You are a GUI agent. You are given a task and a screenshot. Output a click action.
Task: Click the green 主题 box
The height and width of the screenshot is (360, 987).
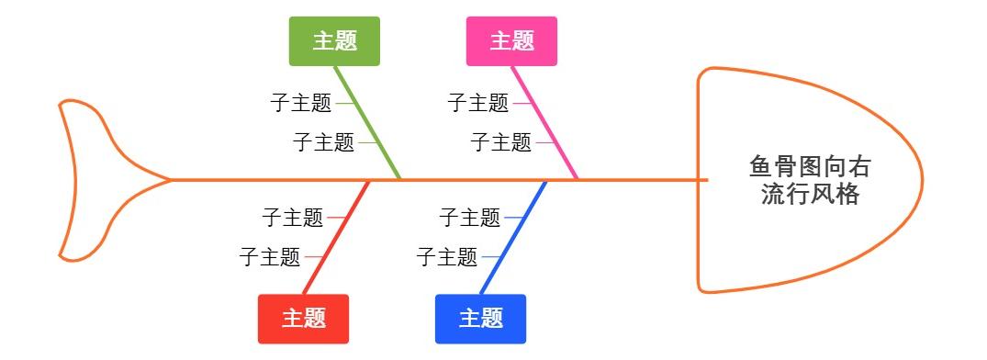[334, 41]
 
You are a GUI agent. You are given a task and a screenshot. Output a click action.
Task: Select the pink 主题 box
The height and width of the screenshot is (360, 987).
[511, 41]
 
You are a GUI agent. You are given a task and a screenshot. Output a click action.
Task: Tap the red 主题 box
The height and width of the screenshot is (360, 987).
[303, 319]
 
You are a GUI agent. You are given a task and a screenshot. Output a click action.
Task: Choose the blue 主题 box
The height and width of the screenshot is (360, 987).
[480, 319]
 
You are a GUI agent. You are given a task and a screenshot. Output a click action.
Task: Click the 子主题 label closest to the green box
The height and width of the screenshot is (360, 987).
[301, 103]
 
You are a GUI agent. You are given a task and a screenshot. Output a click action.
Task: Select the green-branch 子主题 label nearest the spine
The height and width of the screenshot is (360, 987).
[323, 142]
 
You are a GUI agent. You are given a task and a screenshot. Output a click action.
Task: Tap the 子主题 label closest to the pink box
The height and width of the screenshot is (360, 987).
[478, 103]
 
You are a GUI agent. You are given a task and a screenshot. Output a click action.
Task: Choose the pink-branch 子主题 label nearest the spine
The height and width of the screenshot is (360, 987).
[500, 142]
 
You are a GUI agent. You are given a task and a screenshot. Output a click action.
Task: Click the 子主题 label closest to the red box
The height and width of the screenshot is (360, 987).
[270, 257]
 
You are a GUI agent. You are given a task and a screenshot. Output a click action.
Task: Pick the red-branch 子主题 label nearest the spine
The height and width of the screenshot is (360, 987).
[292, 218]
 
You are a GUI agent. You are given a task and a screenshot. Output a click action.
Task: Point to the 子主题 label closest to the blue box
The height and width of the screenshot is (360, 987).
[447, 257]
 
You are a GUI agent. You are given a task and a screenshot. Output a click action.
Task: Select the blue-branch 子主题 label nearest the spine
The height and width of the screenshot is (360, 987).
[469, 218]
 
